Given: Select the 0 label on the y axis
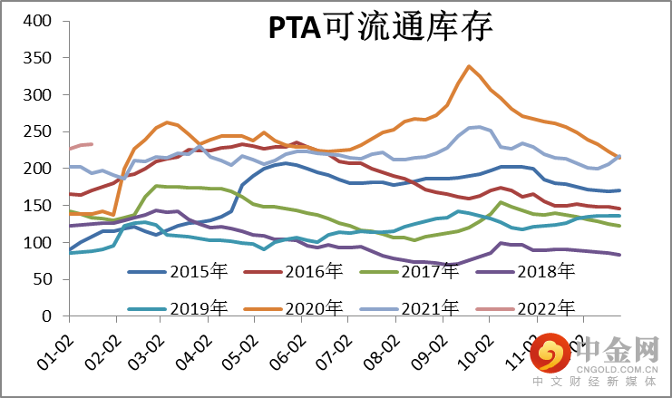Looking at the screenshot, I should click(x=51, y=317).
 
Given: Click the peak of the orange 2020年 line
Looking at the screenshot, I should click(x=468, y=66).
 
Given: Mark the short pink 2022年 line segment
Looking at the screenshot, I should click(x=82, y=145).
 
